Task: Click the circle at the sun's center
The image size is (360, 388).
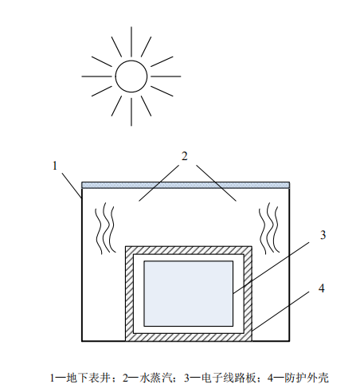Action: pos(131,61)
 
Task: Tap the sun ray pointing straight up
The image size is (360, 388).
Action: pos(131,41)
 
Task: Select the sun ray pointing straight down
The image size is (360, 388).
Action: pos(131,112)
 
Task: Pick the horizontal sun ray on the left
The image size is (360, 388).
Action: pos(96,76)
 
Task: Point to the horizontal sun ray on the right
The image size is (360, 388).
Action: pos(166,76)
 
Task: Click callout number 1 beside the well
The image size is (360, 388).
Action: pos(55,166)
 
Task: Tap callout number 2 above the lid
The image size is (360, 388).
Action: pos(185,156)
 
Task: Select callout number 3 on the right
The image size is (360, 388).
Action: pos(323,235)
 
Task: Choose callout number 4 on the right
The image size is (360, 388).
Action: pos(322,288)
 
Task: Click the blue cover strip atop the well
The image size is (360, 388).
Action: pos(186,185)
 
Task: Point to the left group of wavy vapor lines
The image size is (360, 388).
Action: pos(105,229)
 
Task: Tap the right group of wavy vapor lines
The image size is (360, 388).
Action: pos(269,229)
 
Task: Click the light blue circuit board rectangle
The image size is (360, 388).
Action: pos(188,293)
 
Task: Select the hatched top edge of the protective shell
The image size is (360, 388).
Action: pos(189,250)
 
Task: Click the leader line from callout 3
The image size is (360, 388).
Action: pos(271,268)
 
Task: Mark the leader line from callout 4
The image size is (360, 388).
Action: pos(280,312)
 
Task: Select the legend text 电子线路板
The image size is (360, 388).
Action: pos(229,378)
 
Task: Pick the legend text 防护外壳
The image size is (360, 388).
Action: pos(307,378)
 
